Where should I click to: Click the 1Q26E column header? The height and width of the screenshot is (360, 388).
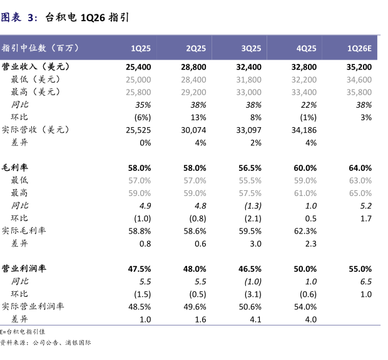click(x=359, y=48)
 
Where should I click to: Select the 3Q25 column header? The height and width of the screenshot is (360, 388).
click(x=251, y=48)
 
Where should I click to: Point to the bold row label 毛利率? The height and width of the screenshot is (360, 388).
click(x=15, y=168)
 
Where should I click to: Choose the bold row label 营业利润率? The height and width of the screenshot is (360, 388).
click(x=24, y=269)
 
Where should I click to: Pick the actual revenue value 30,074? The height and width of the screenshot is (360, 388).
click(x=193, y=130)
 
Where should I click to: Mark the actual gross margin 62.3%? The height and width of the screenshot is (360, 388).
click(x=305, y=231)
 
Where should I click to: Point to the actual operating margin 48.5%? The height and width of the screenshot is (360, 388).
click(x=140, y=307)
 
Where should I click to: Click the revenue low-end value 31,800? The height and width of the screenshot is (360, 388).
click(x=248, y=80)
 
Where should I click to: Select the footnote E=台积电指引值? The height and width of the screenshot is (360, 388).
click(x=23, y=331)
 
